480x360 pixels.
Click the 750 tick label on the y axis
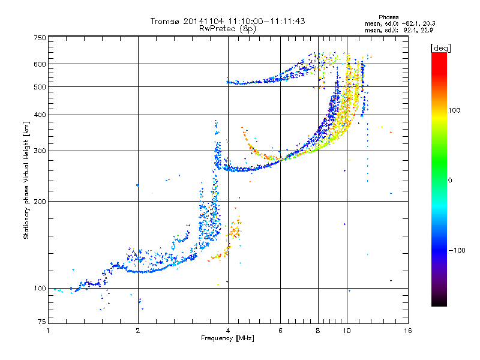(40, 38)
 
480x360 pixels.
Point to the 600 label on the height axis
(40, 64)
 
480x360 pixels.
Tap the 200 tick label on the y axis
(40, 202)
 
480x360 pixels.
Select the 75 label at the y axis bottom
(42, 322)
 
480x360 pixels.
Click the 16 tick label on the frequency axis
(408, 331)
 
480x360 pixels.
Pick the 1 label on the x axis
(48, 331)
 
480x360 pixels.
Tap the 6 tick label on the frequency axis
(280, 331)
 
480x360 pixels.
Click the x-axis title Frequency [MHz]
(227, 338)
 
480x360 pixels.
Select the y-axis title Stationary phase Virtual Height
(26, 181)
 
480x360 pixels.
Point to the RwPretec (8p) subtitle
(227, 29)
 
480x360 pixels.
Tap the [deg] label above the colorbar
(440, 48)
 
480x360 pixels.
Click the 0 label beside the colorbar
(450, 180)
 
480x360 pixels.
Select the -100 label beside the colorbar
(457, 250)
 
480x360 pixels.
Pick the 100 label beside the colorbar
(454, 110)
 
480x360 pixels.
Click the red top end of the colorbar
(439, 54)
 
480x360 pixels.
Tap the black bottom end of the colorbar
(439, 304)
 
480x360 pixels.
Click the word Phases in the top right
(388, 17)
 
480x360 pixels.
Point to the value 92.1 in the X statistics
(410, 31)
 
